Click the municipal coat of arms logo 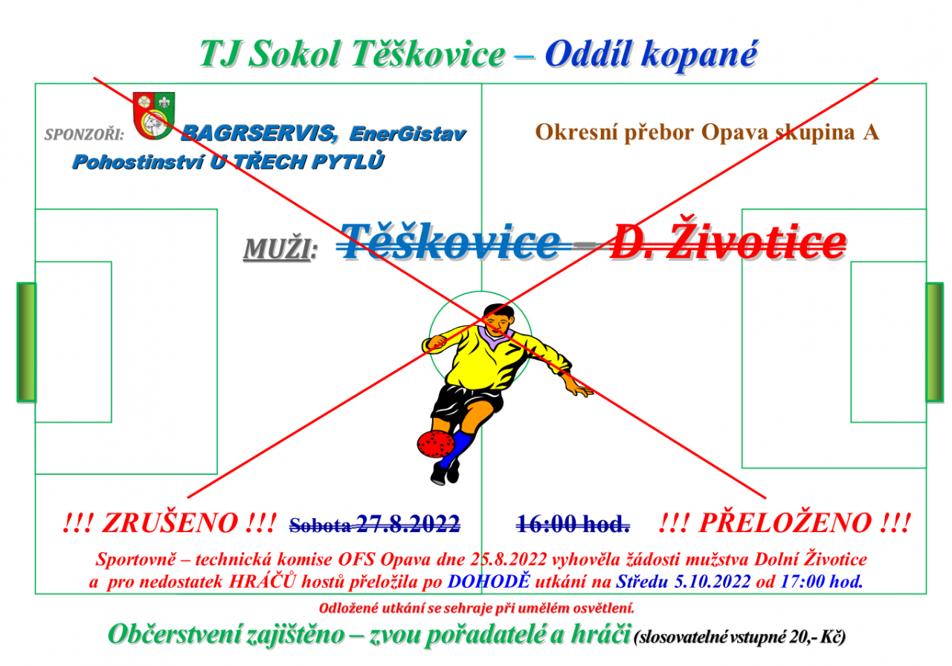click(x=153, y=116)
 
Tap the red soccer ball click(x=436, y=444)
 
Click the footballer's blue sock click(x=457, y=449)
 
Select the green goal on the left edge click(x=26, y=342)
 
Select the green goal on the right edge click(x=935, y=342)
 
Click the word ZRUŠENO click(x=170, y=523)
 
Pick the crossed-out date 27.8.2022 click(x=408, y=524)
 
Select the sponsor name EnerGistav click(x=408, y=135)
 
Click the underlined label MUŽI click(x=280, y=248)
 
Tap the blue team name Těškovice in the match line click(x=451, y=241)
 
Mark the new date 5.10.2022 click(x=713, y=581)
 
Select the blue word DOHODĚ click(x=489, y=581)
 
